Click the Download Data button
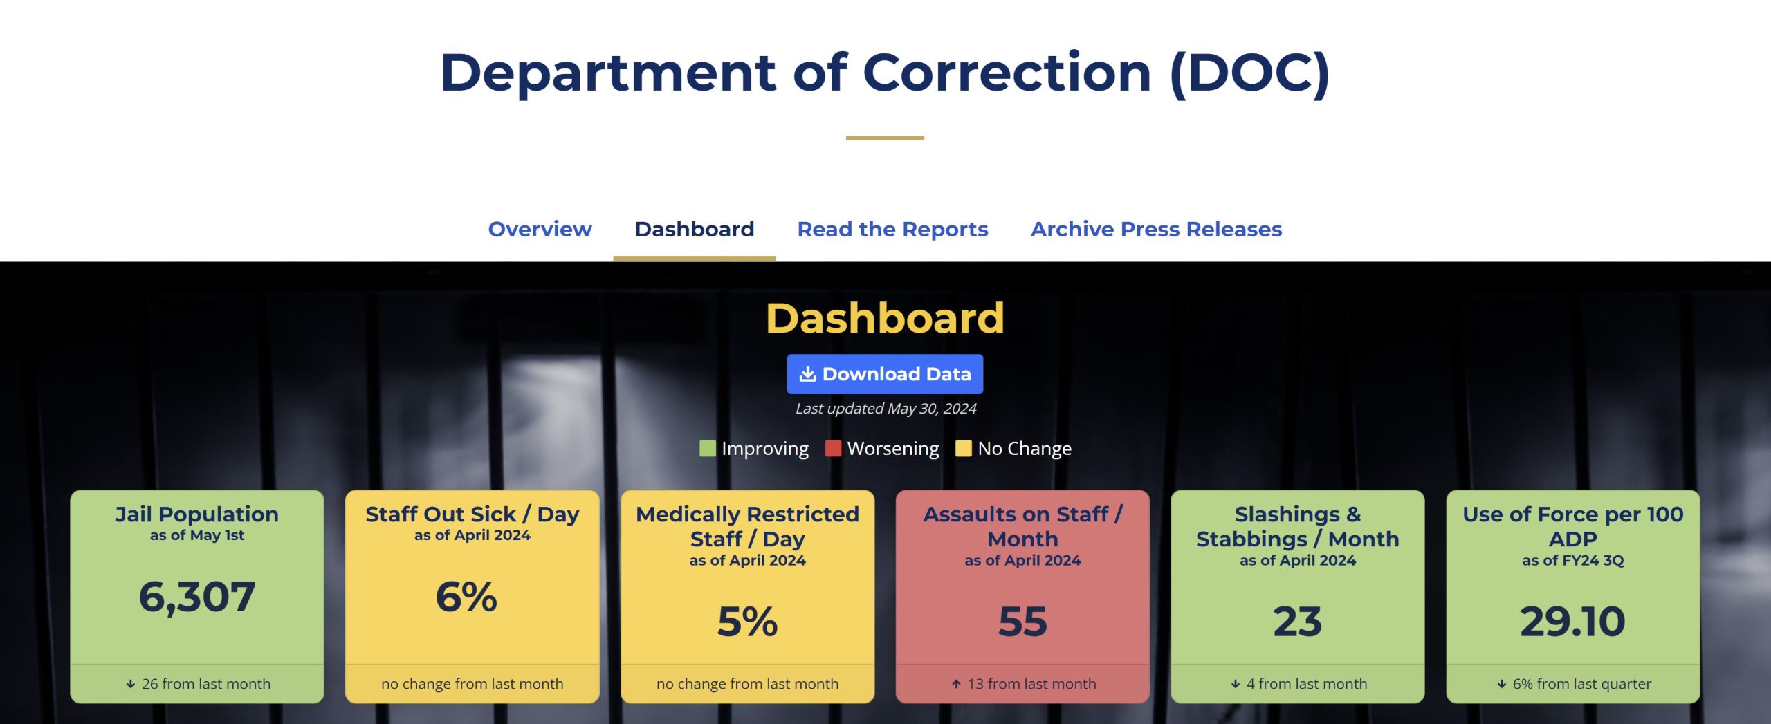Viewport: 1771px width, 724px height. click(885, 374)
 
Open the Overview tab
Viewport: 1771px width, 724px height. click(540, 229)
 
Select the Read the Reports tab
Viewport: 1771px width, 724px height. click(892, 229)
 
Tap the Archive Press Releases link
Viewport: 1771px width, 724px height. click(1156, 229)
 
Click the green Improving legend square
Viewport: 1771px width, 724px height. click(707, 449)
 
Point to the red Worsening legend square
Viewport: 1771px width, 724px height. click(833, 449)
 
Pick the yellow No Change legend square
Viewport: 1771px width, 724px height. click(963, 449)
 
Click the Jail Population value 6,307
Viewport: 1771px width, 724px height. click(196, 597)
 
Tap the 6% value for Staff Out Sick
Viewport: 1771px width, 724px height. click(466, 597)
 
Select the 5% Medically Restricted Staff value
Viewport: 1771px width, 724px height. click(747, 621)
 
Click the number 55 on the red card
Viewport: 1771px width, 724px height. click(1022, 621)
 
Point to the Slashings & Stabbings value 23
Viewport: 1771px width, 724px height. click(1297, 621)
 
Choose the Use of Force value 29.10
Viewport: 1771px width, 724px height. click(1572, 621)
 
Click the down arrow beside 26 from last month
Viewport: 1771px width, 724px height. click(130, 684)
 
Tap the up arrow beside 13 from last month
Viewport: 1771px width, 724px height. click(956, 684)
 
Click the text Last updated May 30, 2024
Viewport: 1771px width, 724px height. click(885, 409)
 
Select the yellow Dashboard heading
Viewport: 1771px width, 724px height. click(885, 318)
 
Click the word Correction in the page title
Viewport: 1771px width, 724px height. click(1007, 73)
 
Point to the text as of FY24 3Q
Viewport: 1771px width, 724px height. click(1572, 561)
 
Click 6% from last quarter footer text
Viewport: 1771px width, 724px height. click(1581, 684)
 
